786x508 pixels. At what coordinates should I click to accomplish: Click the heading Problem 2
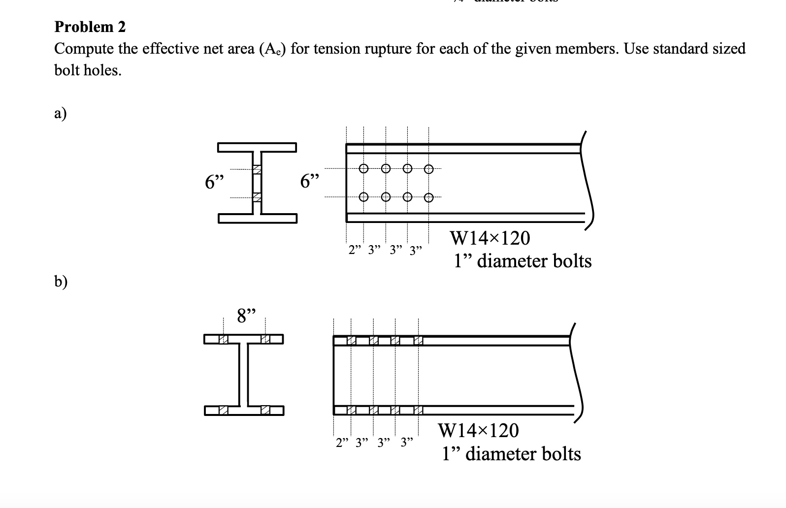coord(90,27)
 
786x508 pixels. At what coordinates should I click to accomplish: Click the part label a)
coord(61,114)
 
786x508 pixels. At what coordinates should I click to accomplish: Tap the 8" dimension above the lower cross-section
coord(247,316)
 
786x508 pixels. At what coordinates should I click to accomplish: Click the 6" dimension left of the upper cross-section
coord(214,183)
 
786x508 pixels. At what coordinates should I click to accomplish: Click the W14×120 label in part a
coord(490,239)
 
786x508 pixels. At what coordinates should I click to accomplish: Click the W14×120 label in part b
coord(478,431)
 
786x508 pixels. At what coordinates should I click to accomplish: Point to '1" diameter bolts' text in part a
coord(523,261)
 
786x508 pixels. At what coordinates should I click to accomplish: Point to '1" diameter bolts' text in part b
coord(511,453)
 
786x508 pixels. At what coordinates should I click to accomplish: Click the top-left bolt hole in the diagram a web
coord(363,168)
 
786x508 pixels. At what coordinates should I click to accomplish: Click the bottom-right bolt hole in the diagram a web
coord(429,198)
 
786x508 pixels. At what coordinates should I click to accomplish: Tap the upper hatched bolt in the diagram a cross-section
coord(257,169)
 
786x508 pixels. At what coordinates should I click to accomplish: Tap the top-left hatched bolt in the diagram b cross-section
coord(223,339)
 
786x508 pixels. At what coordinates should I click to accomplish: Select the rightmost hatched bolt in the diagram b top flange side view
coord(418,340)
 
